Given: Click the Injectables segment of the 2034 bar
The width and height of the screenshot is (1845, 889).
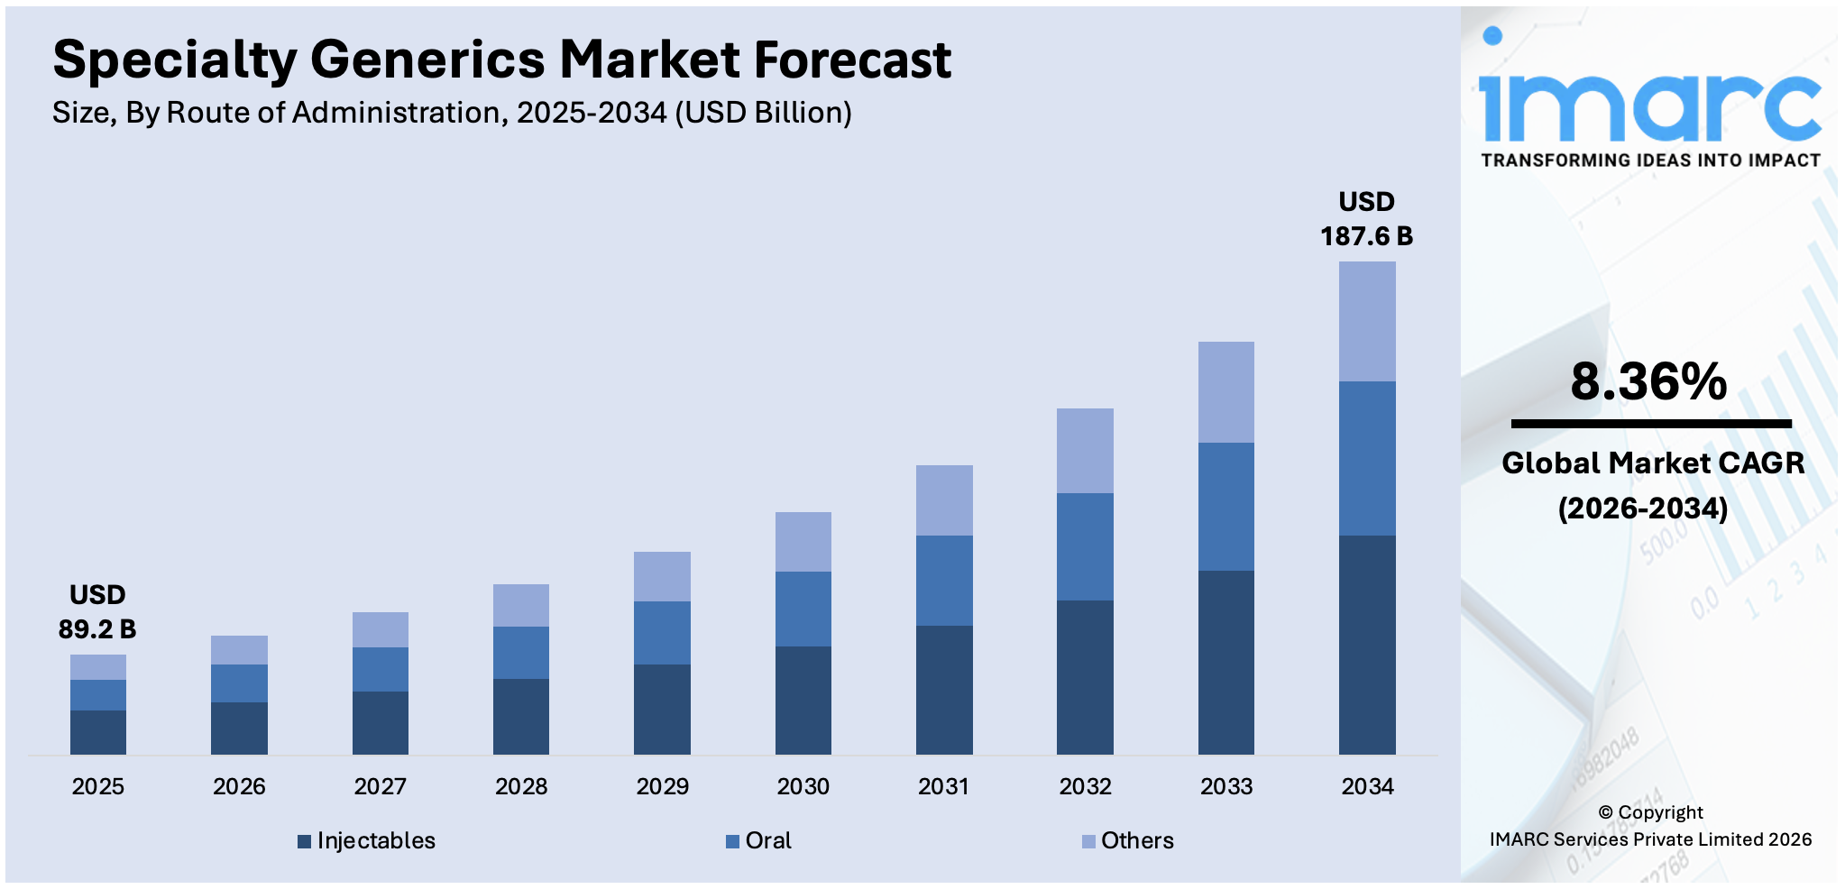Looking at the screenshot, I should tap(1367, 645).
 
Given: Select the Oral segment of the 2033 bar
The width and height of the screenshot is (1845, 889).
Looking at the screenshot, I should tap(1225, 506).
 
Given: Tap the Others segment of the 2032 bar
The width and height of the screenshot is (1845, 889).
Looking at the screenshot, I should tap(1085, 450).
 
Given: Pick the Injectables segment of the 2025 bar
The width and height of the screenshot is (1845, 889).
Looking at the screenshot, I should tap(97, 732).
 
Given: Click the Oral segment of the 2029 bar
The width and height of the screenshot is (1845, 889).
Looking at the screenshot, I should tap(662, 633).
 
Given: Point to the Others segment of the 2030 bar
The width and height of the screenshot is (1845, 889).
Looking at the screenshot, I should tap(803, 541).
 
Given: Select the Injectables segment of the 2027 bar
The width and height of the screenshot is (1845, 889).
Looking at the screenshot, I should tap(380, 722).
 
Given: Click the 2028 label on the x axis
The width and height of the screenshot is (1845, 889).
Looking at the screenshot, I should tap(521, 786).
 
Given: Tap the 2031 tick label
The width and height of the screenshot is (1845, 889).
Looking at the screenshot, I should tap(943, 786).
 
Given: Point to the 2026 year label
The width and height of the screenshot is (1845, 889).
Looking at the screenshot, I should tap(239, 786).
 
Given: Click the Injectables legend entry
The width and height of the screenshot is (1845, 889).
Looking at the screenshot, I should tap(367, 840).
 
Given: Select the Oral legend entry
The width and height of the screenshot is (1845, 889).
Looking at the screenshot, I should tap(759, 840).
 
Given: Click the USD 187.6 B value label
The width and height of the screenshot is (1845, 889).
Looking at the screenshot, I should tap(1366, 219).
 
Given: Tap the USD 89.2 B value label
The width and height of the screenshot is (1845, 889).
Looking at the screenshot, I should tap(97, 612).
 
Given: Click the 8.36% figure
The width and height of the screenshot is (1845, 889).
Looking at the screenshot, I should tap(1648, 381).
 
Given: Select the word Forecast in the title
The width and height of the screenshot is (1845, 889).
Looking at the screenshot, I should tap(852, 60).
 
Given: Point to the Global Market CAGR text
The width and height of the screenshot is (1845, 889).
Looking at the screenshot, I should tap(1652, 463).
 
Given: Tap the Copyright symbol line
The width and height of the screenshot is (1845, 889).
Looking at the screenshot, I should tap(1650, 812).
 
